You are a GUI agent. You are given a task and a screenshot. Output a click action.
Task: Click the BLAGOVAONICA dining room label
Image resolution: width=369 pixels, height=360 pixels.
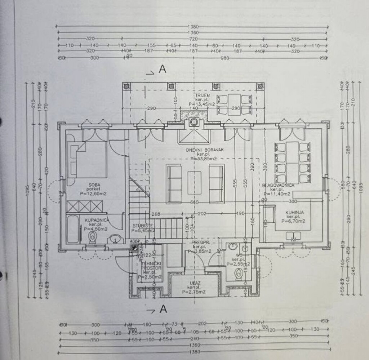click(278, 185)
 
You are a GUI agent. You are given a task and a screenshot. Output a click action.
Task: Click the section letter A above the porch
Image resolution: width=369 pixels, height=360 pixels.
click(163, 69)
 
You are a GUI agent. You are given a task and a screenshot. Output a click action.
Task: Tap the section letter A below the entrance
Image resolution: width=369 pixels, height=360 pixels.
click(163, 309)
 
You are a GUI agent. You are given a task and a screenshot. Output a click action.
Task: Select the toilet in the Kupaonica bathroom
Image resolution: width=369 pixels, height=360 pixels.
click(93, 237)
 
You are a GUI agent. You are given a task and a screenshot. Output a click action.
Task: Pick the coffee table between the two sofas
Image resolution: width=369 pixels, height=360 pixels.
click(194, 183)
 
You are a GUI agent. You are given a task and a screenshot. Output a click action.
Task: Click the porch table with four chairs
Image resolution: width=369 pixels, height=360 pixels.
click(234, 104)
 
